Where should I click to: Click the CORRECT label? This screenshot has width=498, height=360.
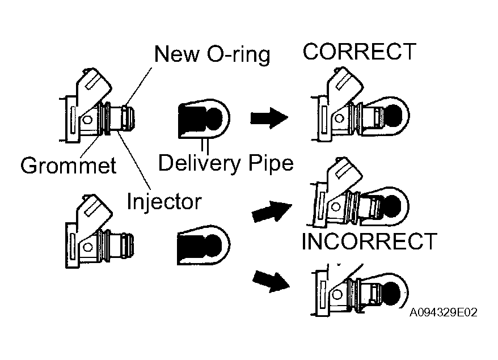(359, 52)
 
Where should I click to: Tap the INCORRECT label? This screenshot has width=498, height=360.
(369, 242)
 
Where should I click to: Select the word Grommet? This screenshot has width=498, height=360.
(69, 165)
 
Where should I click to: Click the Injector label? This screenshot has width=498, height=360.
(164, 202)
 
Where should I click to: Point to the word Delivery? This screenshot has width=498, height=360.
(200, 163)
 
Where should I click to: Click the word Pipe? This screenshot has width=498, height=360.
(271, 163)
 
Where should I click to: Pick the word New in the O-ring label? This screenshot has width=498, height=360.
(177, 54)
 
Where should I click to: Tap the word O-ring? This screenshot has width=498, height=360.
(239, 54)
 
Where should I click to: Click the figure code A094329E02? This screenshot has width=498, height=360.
(444, 312)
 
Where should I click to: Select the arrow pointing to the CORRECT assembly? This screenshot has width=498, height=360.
(269, 118)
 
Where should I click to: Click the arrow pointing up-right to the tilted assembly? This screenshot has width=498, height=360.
(272, 211)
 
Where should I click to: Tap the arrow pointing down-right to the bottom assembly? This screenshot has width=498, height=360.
(271, 281)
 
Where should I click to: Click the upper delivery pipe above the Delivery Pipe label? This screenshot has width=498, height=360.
(204, 118)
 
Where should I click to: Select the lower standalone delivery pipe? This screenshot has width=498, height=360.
(204, 245)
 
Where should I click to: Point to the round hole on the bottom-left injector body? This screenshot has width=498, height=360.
(88, 247)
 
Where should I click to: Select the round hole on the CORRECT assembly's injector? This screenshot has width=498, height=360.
(340, 118)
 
